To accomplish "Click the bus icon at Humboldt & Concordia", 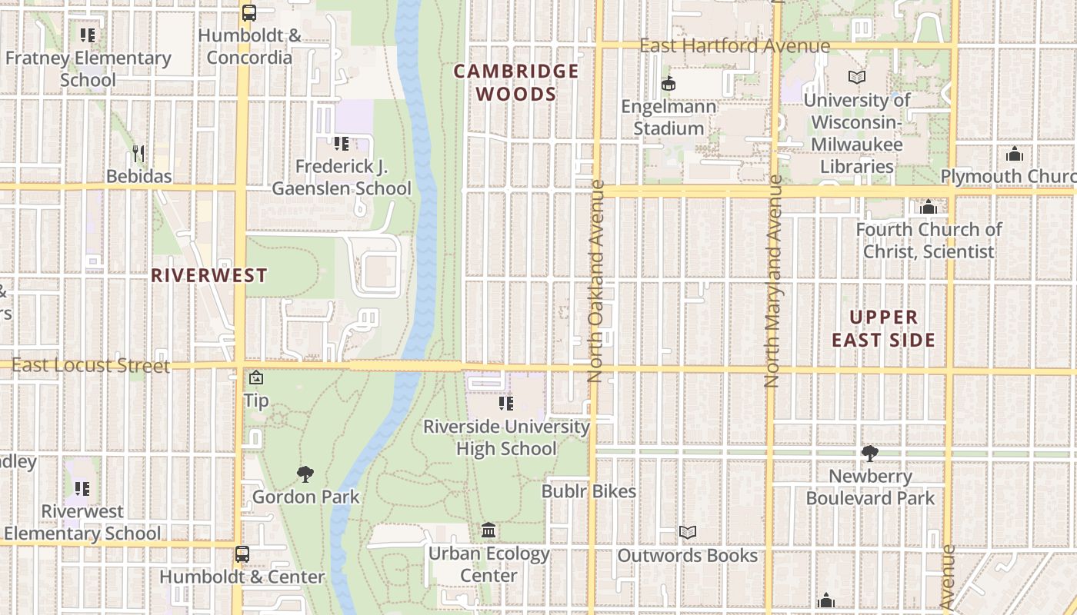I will (248, 12).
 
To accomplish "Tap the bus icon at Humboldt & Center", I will (242, 553).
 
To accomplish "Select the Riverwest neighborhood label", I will (209, 275).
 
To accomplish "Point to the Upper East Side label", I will (884, 328).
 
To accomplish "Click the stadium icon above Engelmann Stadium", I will (669, 83).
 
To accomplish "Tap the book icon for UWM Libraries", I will (856, 77).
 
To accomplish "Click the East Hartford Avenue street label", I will (735, 46).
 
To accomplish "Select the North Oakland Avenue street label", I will (596, 281).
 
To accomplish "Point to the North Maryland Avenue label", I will (774, 281).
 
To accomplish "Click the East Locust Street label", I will (91, 365).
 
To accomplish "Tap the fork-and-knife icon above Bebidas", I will (138, 153).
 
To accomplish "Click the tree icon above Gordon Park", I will (305, 474).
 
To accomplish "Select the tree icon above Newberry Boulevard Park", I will (870, 454).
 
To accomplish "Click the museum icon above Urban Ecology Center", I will (488, 530).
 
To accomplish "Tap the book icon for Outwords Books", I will (687, 532).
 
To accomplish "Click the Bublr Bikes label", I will (589, 491).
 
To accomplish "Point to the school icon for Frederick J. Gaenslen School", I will (342, 143).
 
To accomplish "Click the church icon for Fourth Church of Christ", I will (928, 207).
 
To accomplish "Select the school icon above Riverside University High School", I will (505, 403).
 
